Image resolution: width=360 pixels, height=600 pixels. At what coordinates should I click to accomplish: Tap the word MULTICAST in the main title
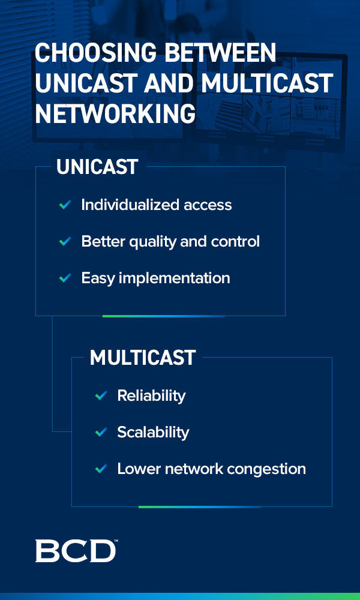[x=268, y=83]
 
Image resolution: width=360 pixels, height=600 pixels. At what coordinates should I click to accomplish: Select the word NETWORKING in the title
[x=115, y=113]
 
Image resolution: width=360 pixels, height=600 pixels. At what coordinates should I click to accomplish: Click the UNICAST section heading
[x=97, y=167]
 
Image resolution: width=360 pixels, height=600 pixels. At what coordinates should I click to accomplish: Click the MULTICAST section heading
[x=143, y=358]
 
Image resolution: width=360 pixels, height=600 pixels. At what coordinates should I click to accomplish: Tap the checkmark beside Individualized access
[x=65, y=205]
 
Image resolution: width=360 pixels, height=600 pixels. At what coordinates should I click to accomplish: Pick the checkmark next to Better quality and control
[x=65, y=241]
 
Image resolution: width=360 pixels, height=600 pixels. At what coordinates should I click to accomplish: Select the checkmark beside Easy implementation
[x=65, y=278]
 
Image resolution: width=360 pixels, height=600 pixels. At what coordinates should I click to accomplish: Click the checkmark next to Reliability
[x=101, y=395]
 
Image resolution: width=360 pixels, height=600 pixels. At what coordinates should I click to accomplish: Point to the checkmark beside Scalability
[x=101, y=432]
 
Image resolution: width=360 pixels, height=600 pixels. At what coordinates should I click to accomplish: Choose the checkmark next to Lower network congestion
[x=101, y=469]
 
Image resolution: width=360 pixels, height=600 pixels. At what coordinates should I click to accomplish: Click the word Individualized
[x=130, y=205]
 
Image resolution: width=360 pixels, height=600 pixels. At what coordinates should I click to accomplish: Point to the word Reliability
[x=151, y=395]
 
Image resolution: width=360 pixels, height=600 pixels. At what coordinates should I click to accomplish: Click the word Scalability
[x=153, y=433]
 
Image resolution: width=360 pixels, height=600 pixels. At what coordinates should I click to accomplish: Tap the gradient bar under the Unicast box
[x=164, y=316]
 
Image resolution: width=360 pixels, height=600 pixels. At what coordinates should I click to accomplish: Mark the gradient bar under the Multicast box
[x=200, y=507]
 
